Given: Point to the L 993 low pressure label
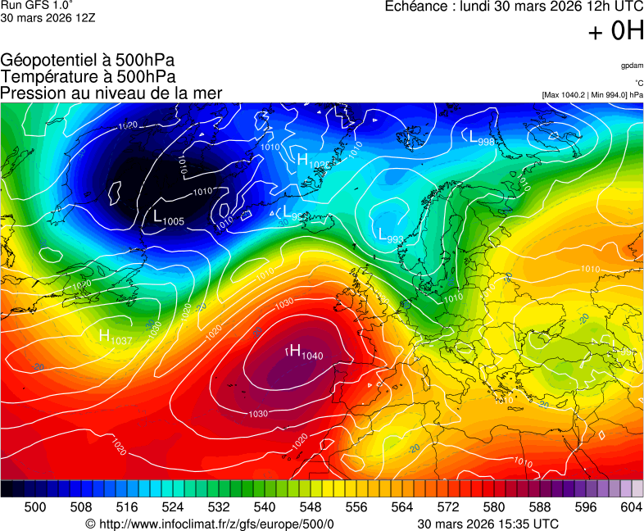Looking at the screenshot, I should point(391,235).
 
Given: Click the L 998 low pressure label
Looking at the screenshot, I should point(481,138).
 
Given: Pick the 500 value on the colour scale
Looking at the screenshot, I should point(35,507).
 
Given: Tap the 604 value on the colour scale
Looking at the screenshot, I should point(631,507).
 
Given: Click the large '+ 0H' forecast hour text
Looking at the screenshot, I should point(615,31).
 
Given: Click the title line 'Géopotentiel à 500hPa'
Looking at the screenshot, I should point(88,61).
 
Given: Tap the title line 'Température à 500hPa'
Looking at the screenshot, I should point(88,77).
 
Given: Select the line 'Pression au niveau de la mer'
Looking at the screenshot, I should point(111,93).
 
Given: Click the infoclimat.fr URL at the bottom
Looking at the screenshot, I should point(210,524).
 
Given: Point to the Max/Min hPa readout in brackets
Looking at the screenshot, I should point(592,95).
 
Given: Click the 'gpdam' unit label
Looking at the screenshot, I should point(632,65).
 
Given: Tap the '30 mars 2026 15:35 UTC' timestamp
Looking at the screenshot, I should point(488,524).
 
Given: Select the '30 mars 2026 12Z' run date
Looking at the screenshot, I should point(48,17).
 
